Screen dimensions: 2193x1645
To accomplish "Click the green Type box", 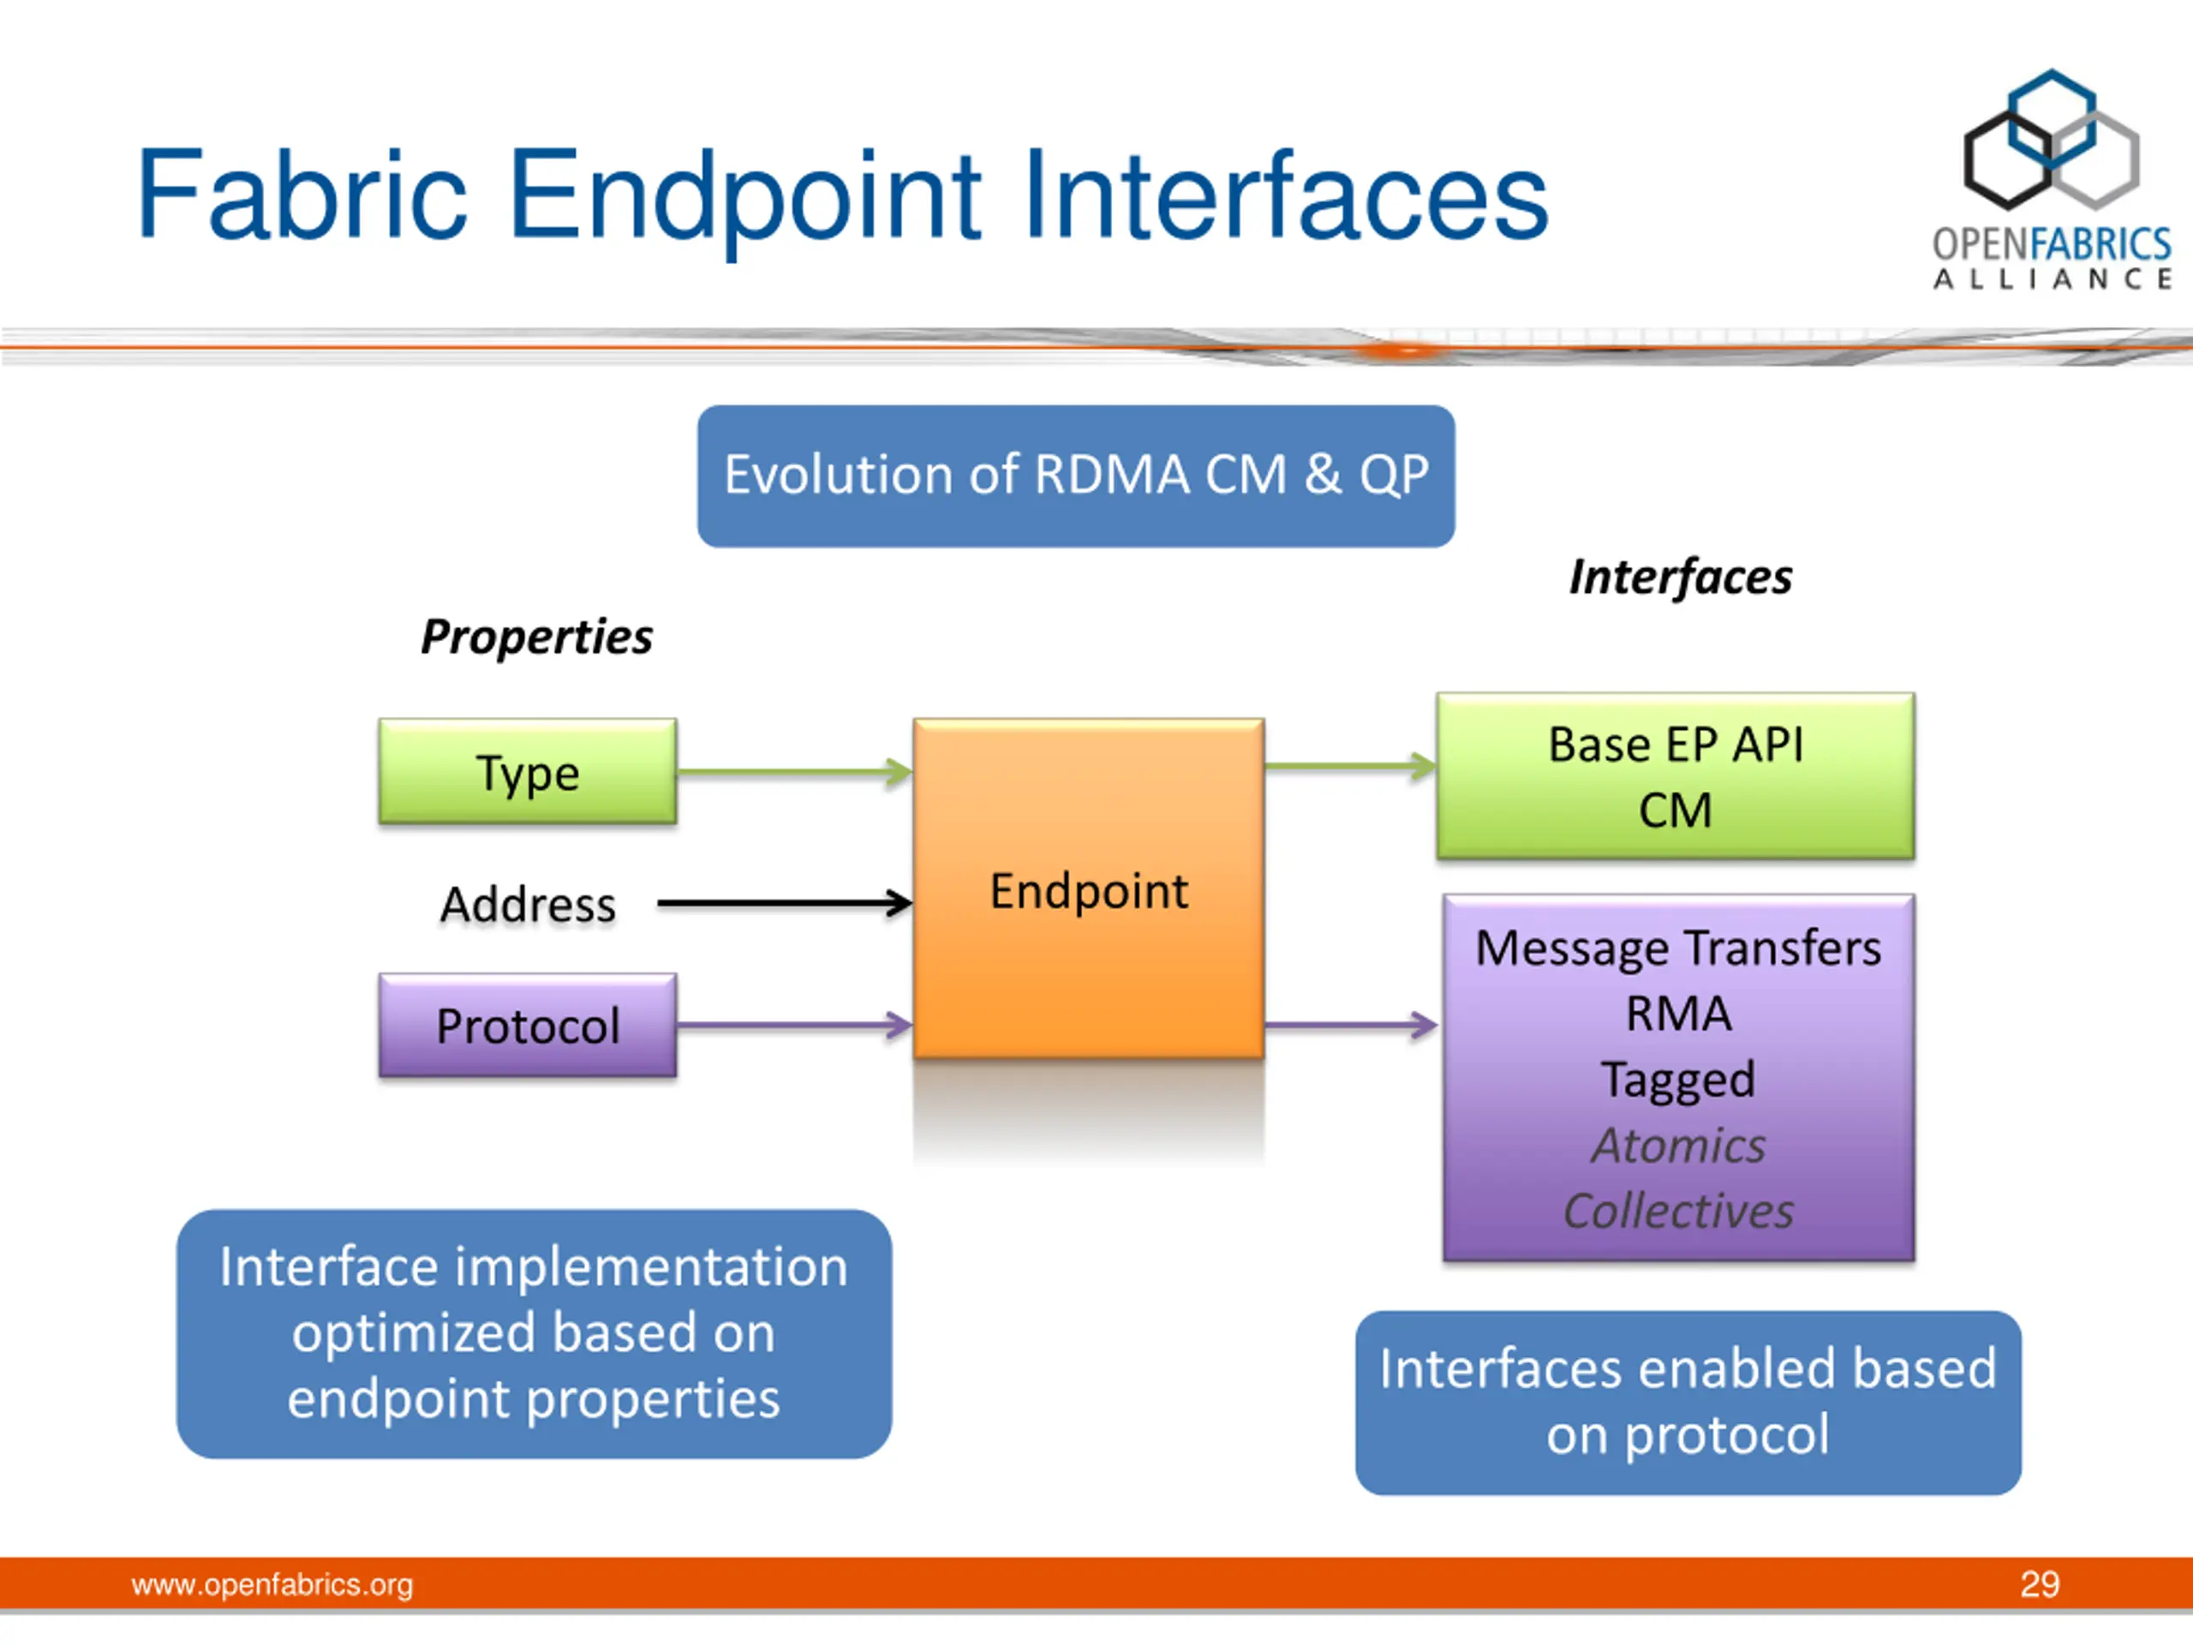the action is point(528,771).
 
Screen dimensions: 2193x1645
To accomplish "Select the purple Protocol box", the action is point(528,1026).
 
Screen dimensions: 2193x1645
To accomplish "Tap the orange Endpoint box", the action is point(1089,888).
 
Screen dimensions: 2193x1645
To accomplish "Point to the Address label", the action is point(528,904).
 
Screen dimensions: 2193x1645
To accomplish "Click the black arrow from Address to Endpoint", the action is point(784,902).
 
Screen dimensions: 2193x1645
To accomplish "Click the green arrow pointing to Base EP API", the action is point(1351,765).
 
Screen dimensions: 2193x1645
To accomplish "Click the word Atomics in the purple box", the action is point(1678,1146).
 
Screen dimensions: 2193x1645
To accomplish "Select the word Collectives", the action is point(1678,1211).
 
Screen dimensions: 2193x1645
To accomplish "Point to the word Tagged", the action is point(1678,1080).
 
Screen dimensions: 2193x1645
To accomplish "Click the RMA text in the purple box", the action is point(1678,1014).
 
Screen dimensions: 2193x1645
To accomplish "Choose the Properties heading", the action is point(536,637).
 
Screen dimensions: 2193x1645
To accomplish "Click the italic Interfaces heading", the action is point(1681,576).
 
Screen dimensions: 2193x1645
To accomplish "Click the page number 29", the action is point(2040,1584).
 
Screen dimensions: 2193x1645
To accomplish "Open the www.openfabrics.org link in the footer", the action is point(272,1584).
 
